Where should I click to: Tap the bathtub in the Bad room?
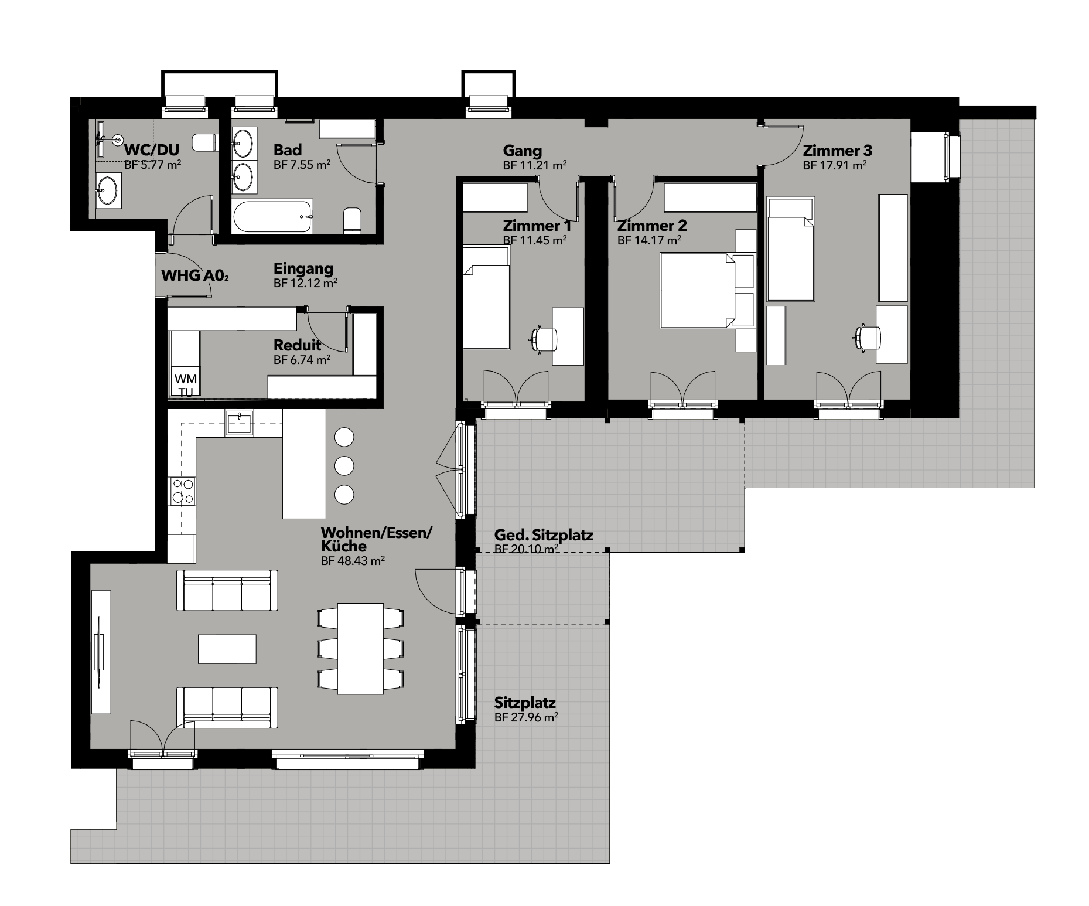(x=273, y=216)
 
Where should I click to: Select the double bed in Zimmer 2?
(x=697, y=290)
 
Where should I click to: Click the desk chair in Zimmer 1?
(x=544, y=339)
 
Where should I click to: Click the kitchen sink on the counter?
(x=240, y=423)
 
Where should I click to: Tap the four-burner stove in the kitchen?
(x=182, y=491)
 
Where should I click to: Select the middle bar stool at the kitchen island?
(x=344, y=466)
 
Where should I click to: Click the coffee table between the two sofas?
(x=227, y=649)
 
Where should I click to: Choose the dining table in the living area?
(x=360, y=649)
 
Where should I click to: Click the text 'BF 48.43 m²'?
(x=353, y=561)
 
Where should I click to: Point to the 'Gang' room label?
(x=523, y=151)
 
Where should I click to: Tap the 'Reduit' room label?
(x=298, y=345)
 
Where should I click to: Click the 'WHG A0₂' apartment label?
(x=194, y=275)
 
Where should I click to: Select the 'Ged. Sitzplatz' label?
(x=544, y=535)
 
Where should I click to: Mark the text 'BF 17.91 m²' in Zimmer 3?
(x=835, y=166)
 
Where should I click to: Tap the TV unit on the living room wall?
(x=101, y=652)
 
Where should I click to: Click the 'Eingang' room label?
(x=303, y=269)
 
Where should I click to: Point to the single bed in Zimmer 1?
(x=486, y=298)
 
